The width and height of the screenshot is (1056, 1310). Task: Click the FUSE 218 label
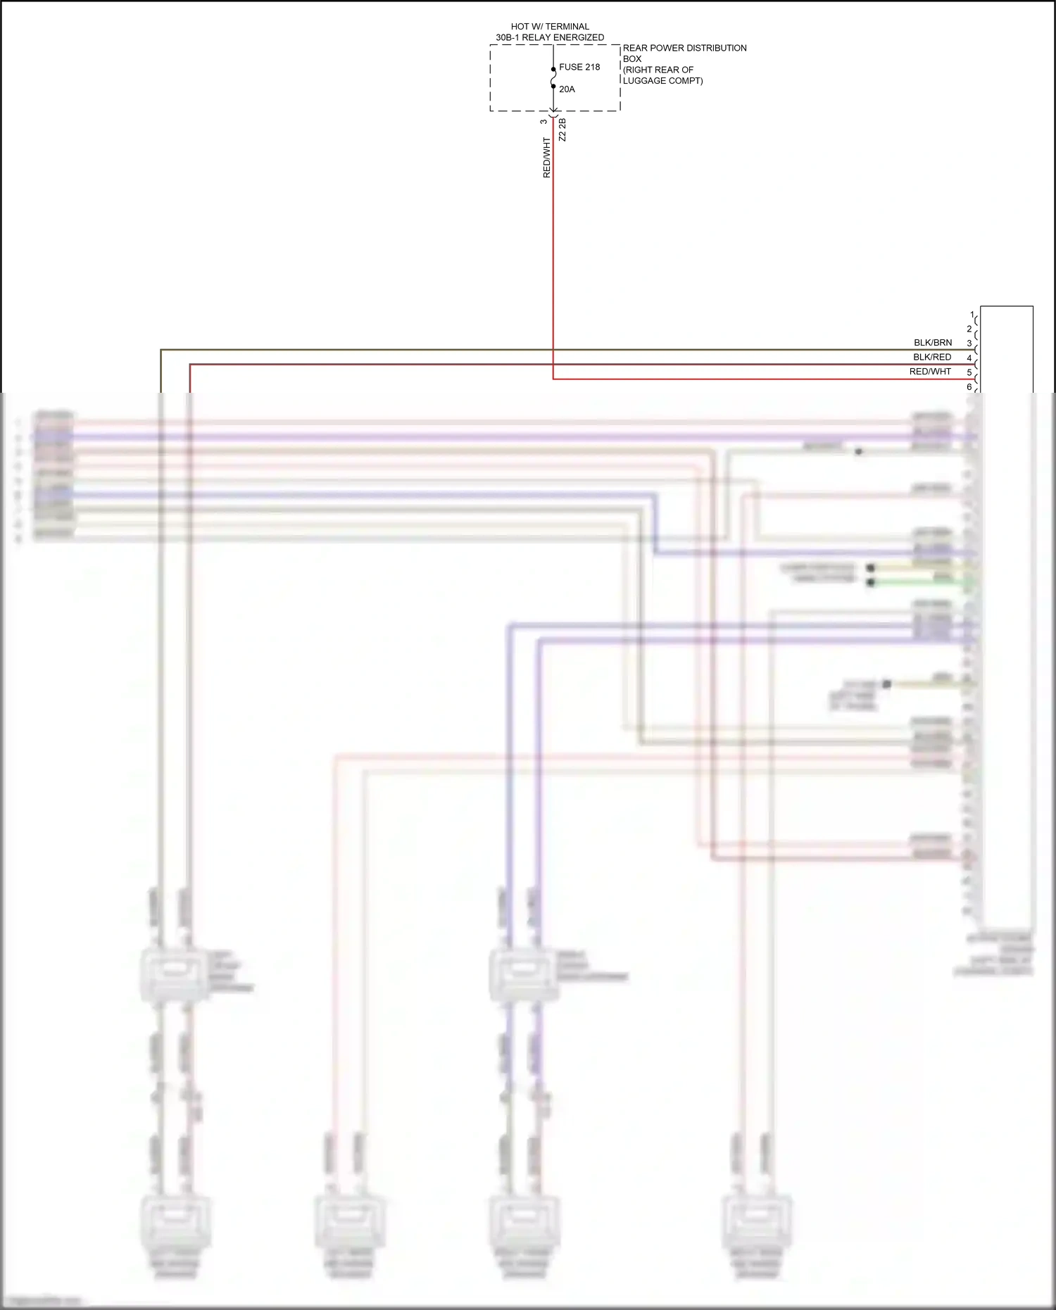(x=579, y=67)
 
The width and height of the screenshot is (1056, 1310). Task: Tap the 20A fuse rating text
(x=567, y=89)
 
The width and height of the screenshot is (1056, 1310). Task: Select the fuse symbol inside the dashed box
(x=553, y=78)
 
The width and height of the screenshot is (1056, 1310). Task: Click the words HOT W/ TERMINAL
(x=550, y=27)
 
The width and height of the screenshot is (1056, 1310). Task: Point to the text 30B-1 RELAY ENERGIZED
(x=550, y=37)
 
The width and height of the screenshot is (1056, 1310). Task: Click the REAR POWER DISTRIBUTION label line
(x=684, y=48)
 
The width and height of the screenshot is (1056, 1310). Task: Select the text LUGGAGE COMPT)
(x=662, y=81)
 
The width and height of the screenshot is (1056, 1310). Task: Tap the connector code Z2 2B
(x=562, y=130)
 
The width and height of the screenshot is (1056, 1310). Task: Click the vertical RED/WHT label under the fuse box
(x=546, y=158)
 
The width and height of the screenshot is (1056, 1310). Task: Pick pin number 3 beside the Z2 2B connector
(x=543, y=122)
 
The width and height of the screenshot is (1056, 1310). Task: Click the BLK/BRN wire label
(x=933, y=343)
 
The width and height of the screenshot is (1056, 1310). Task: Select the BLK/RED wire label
(x=932, y=357)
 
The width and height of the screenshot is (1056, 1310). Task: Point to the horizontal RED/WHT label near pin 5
(x=930, y=372)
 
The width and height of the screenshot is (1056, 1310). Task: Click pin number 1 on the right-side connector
(x=972, y=315)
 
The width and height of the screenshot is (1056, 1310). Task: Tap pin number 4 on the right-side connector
(x=969, y=358)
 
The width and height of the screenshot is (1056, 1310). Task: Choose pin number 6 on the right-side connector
(x=969, y=387)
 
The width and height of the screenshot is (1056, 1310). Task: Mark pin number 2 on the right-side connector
(x=969, y=329)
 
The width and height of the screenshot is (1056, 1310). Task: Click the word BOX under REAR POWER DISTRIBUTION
(x=632, y=59)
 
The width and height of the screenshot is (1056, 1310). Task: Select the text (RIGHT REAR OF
(x=658, y=70)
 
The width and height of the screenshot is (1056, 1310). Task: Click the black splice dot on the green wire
(x=871, y=582)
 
